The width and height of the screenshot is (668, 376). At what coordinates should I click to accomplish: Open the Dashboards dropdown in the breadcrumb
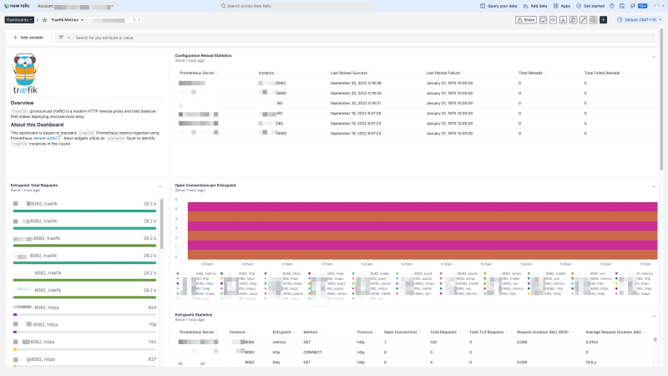pos(19,19)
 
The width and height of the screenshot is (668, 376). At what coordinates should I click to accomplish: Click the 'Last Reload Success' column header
pos(351,73)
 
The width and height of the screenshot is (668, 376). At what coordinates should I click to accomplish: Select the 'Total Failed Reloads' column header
pos(601,73)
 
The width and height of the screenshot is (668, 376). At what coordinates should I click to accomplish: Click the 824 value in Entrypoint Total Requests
pos(152,307)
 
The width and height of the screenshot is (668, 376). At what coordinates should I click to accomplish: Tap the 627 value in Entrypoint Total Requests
pos(152,359)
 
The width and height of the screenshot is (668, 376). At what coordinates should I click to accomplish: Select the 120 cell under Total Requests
pos(433,343)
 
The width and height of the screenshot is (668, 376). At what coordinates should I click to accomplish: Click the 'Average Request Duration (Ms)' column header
pos(613,332)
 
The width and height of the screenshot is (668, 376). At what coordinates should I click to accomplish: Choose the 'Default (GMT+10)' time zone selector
pos(639,19)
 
